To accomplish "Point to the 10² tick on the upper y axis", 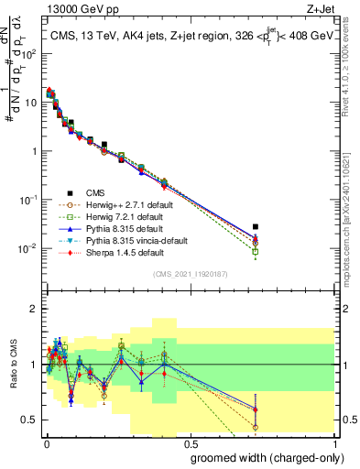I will pos(29,54).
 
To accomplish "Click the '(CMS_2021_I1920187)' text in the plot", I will pos(189,274).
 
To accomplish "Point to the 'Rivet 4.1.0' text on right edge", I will pos(351,73).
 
